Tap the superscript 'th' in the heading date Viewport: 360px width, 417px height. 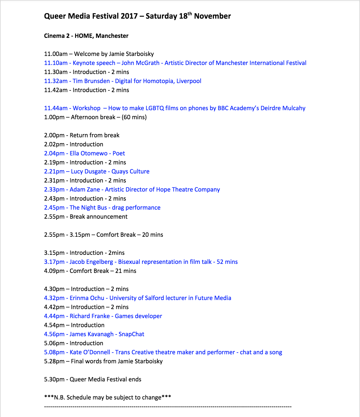(190, 14)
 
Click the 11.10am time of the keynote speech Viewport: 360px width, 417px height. (56, 63)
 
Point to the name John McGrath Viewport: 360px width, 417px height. (140, 63)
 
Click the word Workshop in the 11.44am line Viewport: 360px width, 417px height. (86, 108)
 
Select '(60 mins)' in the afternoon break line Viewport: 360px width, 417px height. (134, 117)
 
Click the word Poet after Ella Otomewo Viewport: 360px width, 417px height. (119, 153)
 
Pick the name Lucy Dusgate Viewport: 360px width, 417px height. (89, 171)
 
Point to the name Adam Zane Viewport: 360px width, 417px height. (85, 190)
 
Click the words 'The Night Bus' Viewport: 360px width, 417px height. (88, 208)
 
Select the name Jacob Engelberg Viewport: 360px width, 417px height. (91, 262)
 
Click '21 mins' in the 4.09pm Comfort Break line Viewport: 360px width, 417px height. (126, 271)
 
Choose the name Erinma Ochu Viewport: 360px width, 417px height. (87, 298)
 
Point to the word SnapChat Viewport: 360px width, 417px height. (131, 334)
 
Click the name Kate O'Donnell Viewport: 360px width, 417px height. (90, 352)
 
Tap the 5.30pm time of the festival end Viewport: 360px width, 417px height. (54, 379)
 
